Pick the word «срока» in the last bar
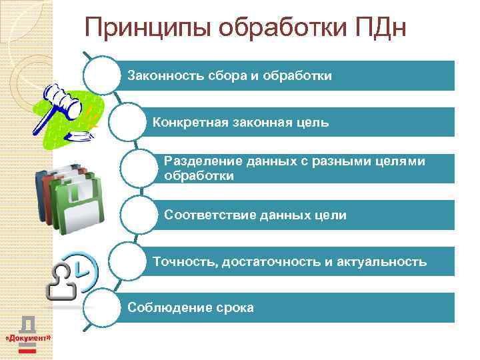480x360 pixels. coord(235,307)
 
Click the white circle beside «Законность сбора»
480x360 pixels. coord(107,75)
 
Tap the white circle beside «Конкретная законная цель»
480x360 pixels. coord(130,122)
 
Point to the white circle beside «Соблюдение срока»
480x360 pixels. coord(107,307)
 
